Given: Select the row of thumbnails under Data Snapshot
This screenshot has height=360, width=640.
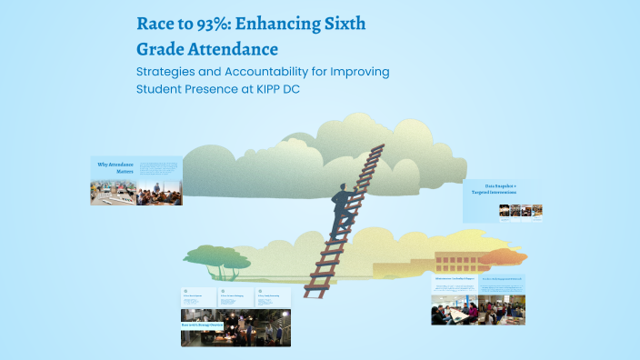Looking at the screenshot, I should click(x=522, y=210).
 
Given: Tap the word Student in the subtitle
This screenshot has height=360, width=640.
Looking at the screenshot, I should click(x=161, y=89).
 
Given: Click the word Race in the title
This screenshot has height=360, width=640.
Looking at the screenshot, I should click(x=154, y=25).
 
